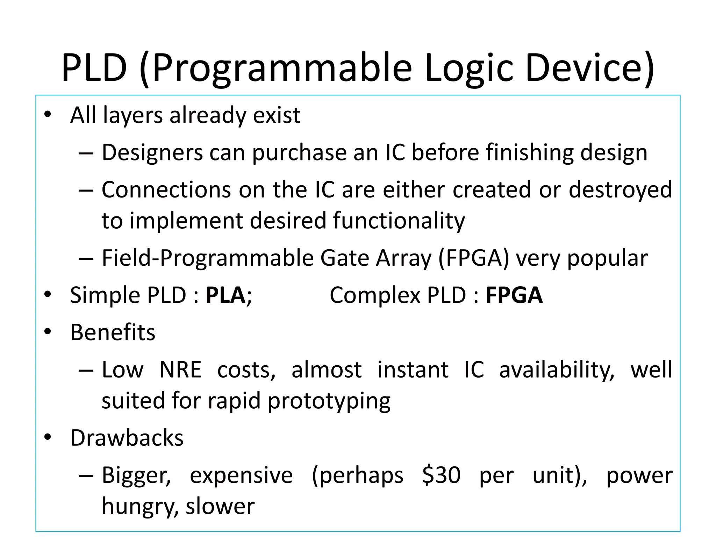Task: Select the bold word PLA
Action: (x=225, y=295)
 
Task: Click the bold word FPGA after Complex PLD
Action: (x=514, y=295)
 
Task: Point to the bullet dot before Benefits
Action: (x=48, y=331)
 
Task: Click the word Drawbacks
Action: (x=127, y=438)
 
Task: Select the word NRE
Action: (x=180, y=370)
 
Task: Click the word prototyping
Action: (x=329, y=401)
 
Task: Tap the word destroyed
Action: (x=620, y=189)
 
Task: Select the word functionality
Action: (x=399, y=221)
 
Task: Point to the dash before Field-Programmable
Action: (x=86, y=259)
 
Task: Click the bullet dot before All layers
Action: (x=48, y=114)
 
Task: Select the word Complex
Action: (x=375, y=296)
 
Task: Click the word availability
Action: (x=557, y=370)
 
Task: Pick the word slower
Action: (x=220, y=506)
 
